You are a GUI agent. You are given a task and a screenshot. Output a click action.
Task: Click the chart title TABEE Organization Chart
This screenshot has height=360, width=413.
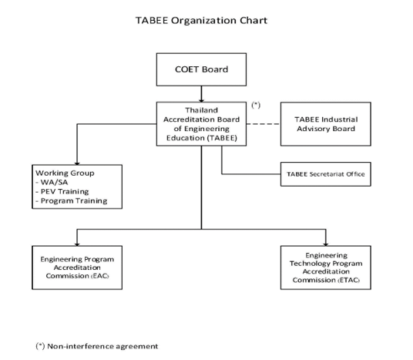pos(202,20)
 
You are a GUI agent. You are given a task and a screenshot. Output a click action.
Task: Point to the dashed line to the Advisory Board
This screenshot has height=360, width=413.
pos(264,124)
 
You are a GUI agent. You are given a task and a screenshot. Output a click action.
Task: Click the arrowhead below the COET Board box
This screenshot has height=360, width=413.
pos(202,100)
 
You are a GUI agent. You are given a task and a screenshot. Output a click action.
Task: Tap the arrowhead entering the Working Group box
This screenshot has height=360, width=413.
pos(77,163)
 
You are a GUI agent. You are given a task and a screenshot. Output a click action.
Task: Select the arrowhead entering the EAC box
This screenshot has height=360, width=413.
pos(77,244)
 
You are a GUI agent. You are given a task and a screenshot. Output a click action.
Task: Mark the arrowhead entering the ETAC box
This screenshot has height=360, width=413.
pos(326,244)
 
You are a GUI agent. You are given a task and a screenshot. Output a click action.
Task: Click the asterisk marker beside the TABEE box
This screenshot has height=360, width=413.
pos(256,105)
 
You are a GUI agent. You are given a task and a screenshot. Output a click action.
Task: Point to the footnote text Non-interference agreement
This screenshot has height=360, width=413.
pos(102,346)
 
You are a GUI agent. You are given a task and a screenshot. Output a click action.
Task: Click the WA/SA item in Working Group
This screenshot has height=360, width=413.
pos(54,183)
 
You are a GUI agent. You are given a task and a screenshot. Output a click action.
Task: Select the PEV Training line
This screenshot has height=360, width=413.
pos(65,192)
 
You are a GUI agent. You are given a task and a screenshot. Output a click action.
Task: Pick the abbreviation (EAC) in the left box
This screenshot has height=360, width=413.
pos(100,276)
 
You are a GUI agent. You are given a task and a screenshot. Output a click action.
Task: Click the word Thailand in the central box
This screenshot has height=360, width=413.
pos(202,110)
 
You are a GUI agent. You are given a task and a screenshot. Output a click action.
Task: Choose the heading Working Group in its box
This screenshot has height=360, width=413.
pos(65,173)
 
